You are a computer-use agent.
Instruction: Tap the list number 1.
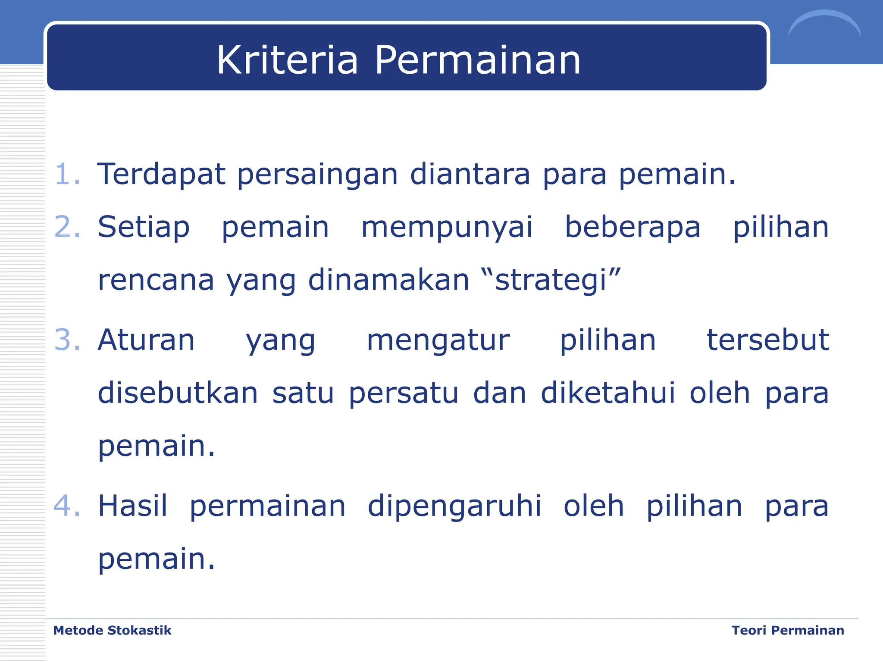[x=67, y=175]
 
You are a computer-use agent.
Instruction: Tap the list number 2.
[x=67, y=227]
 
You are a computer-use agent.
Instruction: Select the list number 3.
[x=67, y=340]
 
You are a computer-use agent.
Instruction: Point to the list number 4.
[x=67, y=506]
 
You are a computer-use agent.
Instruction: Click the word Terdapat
[x=161, y=175]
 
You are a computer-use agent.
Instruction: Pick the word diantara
[x=470, y=175]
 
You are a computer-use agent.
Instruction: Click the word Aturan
[x=146, y=340]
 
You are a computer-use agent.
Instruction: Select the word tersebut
[x=767, y=340]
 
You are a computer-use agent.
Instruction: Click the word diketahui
[x=608, y=393]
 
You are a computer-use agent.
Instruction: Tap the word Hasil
[x=132, y=506]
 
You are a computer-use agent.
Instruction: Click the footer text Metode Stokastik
[x=112, y=631]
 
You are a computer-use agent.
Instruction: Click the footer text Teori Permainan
[x=788, y=631]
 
